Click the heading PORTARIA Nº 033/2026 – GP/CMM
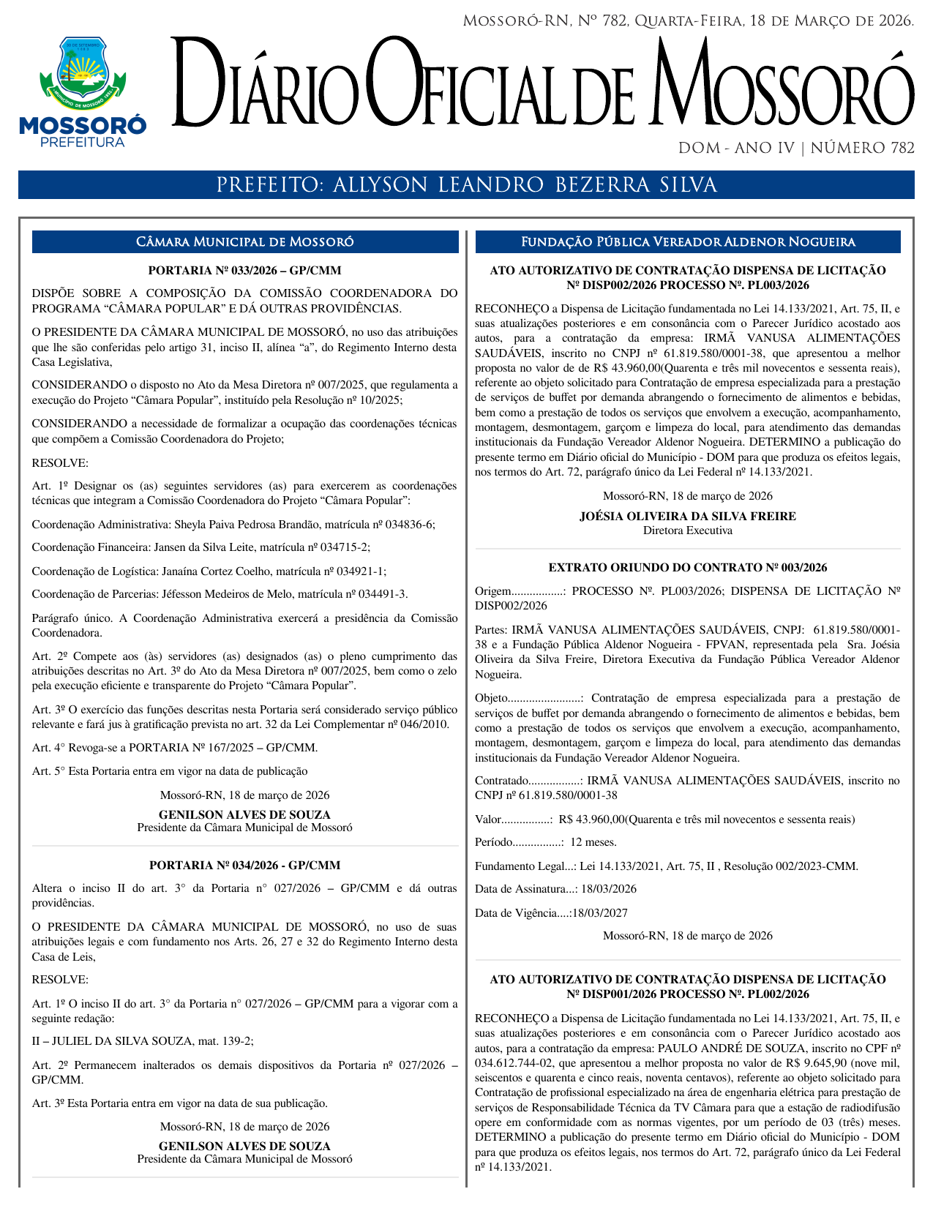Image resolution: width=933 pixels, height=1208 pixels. [244, 270]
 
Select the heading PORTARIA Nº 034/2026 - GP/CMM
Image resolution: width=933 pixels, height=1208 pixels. [244, 865]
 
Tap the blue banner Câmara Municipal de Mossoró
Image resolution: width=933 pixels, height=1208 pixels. [244, 242]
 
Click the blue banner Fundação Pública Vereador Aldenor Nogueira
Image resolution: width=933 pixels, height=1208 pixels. [687, 242]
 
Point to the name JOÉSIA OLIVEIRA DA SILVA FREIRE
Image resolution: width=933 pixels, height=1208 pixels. [687, 516]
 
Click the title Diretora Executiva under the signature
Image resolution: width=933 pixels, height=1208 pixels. [687, 530]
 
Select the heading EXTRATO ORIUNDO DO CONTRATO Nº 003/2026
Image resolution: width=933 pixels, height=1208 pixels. [687, 567]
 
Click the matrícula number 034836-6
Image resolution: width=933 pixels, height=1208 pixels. [411, 525]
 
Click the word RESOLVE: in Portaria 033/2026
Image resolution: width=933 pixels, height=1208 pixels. [60, 462]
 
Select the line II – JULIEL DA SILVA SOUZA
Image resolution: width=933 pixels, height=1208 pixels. [143, 1041]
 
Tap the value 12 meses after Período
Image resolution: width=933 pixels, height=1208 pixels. [593, 842]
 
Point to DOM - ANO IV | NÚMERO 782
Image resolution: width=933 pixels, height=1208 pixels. [795, 148]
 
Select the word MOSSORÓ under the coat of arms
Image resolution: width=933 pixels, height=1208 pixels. [82, 124]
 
